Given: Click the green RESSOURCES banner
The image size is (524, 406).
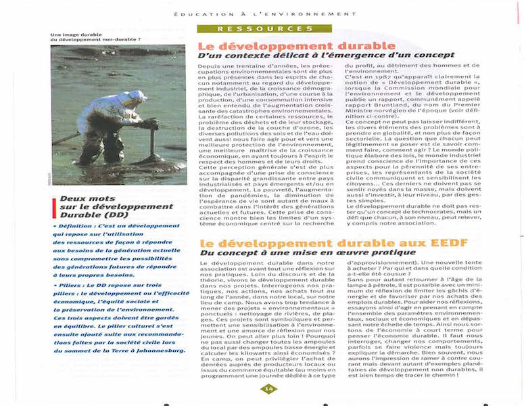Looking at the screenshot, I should tap(265, 28).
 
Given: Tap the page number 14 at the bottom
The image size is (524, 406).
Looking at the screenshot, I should tap(268, 388).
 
